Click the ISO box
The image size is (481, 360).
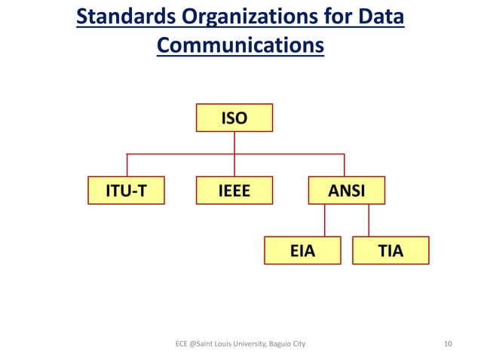pos(234,118)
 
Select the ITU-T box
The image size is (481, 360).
pos(126,191)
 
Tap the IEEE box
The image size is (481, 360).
pos(234,191)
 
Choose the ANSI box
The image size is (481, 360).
pos(346,191)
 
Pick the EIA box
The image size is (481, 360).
pos(302,251)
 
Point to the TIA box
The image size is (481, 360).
pos(391,251)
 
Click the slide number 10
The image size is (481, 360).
pos(449,344)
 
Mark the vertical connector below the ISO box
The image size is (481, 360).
pos(234,143)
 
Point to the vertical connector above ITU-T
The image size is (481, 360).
pos(127,165)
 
